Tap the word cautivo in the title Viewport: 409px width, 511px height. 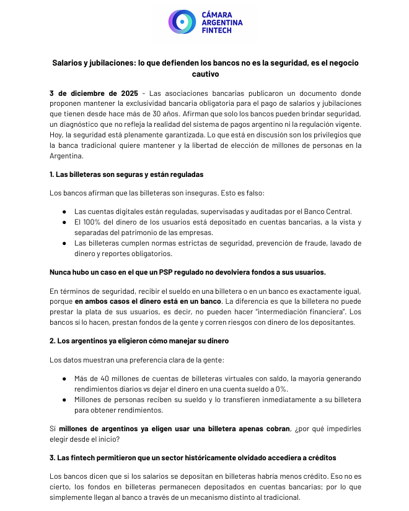205,74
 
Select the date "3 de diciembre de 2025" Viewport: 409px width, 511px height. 94,93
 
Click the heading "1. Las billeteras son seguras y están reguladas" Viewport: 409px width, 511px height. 126,174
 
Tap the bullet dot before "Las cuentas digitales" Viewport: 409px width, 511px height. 64,212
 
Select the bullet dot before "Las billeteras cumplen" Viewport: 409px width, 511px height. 64,243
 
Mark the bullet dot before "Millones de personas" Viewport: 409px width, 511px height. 64,400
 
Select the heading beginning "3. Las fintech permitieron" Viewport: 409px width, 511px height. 193,458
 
